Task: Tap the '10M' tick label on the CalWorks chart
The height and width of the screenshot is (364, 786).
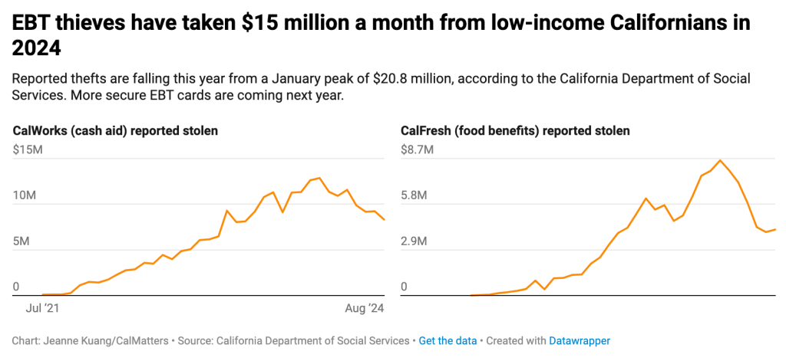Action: pyautogui.click(x=25, y=195)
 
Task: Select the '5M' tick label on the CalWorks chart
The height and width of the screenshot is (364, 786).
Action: pyautogui.click(x=21, y=241)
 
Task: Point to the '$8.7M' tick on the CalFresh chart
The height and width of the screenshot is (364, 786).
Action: pyautogui.click(x=417, y=149)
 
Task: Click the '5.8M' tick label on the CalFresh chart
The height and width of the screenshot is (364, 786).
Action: pyautogui.click(x=417, y=195)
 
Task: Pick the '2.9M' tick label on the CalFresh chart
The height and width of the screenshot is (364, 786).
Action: pyautogui.click(x=417, y=241)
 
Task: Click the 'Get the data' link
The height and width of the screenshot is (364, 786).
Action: pyautogui.click(x=447, y=340)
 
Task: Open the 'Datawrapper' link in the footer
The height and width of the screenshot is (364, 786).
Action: pyautogui.click(x=580, y=340)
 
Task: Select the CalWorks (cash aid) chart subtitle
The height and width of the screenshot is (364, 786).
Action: pyautogui.click(x=115, y=131)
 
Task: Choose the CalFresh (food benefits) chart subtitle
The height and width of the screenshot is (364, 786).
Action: pyautogui.click(x=515, y=131)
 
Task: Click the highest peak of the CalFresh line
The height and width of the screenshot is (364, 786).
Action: pyautogui.click(x=720, y=161)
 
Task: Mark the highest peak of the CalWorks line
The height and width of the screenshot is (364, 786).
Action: pyautogui.click(x=319, y=178)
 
